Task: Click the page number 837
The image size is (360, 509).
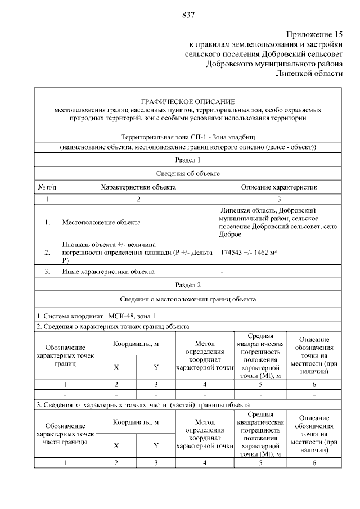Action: tap(188, 15)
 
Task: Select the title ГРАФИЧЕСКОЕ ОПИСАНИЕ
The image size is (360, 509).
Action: tap(188, 100)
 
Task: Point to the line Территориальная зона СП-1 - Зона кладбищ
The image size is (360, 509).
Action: tap(188, 137)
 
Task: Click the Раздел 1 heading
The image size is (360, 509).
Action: tap(188, 160)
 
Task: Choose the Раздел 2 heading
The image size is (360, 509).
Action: tap(188, 285)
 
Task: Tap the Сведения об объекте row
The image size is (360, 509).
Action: tap(188, 174)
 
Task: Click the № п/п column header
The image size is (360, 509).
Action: tap(48, 187)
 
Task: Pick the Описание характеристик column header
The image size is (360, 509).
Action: tap(280, 187)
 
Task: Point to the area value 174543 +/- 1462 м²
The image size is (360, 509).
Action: tap(249, 253)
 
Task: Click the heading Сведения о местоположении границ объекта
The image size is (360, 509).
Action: tap(188, 299)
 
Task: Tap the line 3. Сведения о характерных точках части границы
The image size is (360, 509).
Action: tap(142, 404)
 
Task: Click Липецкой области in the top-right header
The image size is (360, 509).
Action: tap(309, 73)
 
